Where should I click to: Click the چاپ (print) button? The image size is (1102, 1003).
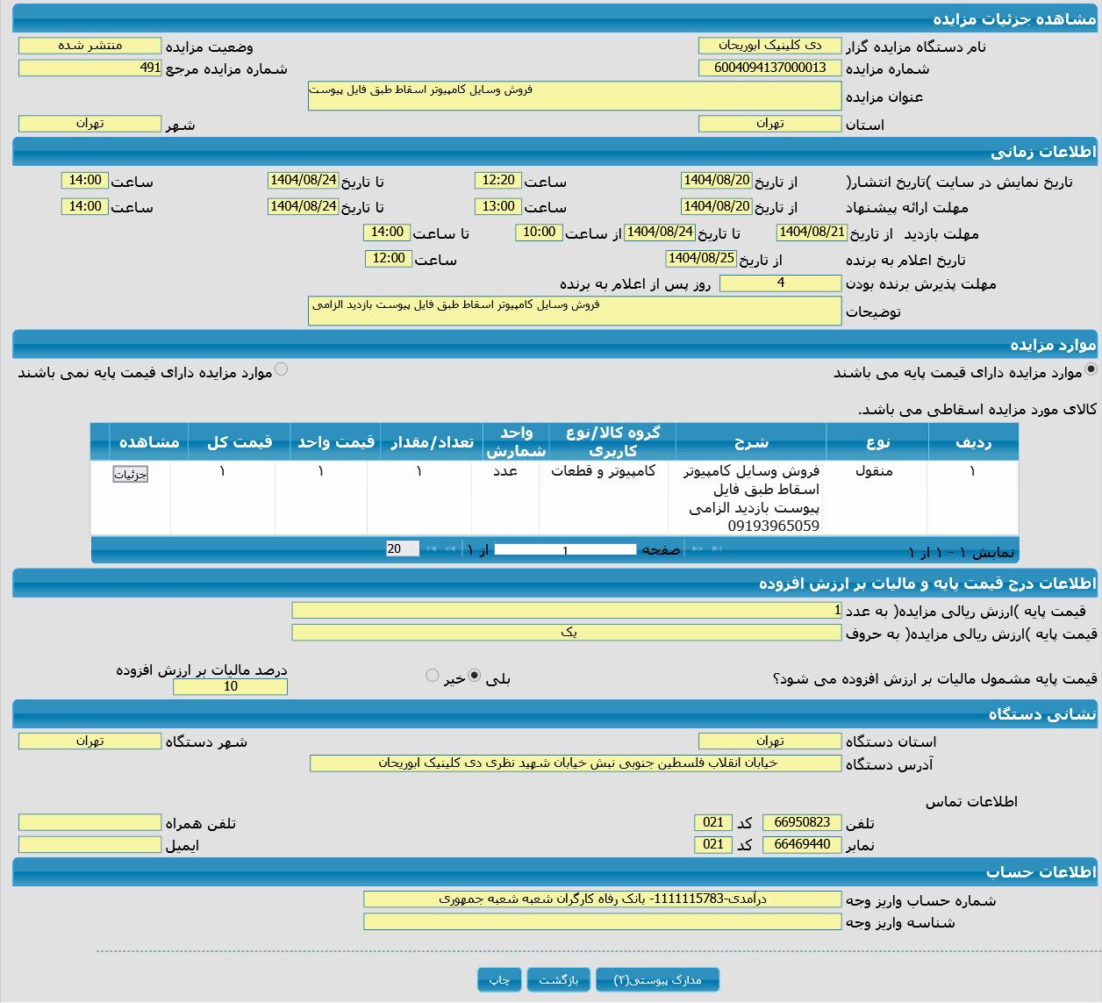499,979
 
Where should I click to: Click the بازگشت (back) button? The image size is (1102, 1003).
559,979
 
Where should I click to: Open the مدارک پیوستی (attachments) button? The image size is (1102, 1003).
657,979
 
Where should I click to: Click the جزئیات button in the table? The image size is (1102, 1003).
131,475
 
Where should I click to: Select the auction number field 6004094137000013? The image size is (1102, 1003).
769,68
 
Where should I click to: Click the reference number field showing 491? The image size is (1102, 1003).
89,68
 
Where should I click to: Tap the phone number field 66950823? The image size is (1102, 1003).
802,822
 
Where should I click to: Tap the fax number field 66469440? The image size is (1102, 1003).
802,844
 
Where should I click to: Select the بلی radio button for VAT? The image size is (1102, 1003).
475,676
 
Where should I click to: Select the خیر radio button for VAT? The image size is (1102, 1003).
432,676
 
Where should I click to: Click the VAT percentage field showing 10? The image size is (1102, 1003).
230,686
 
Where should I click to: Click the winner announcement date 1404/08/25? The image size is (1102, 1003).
701,259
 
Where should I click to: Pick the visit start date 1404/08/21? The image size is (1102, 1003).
812,233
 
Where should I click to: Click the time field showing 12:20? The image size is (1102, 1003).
497,180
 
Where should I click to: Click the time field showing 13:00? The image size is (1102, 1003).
497,206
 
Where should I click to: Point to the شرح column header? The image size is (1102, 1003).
751,441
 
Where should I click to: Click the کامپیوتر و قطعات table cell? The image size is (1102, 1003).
603,471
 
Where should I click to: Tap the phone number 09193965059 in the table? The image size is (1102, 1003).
773,527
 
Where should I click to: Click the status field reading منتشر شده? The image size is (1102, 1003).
89,46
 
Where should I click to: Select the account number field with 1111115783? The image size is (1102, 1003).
602,899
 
